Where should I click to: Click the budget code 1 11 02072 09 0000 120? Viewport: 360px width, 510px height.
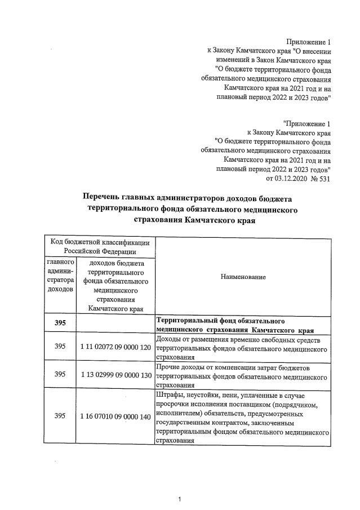[114, 347]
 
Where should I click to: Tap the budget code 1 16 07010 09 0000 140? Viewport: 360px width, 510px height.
[114, 416]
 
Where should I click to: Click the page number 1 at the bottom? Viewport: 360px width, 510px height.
[179, 499]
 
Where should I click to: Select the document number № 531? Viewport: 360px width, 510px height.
[318, 179]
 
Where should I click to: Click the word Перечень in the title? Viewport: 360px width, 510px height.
[106, 198]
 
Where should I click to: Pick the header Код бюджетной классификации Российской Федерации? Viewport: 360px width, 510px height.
[100, 246]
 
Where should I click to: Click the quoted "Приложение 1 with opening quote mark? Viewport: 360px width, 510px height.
[307, 123]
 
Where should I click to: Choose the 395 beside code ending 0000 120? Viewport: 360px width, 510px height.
[60, 347]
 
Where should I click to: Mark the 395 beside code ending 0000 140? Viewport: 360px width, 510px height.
[60, 416]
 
